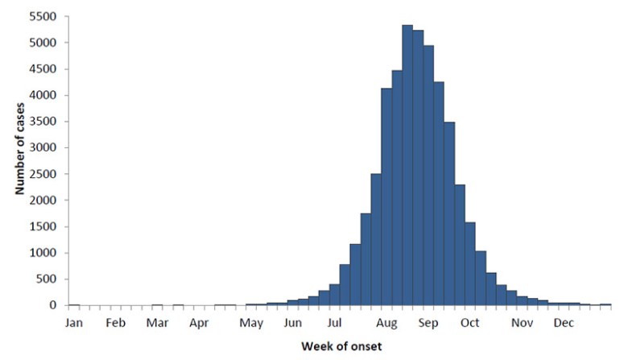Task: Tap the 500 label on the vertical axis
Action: pyautogui.click(x=48, y=279)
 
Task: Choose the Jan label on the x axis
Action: pyautogui.click(x=72, y=323)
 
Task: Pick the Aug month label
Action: pyautogui.click(x=388, y=323)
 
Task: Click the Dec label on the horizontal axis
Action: pyautogui.click(x=564, y=323)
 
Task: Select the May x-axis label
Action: pyautogui.click(x=251, y=323)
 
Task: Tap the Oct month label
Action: pyautogui.click(x=470, y=323)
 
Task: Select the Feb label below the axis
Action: pyautogui.click(x=115, y=323)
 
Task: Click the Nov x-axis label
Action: pyautogui.click(x=523, y=323)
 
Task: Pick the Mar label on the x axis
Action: pyautogui.click(x=157, y=323)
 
